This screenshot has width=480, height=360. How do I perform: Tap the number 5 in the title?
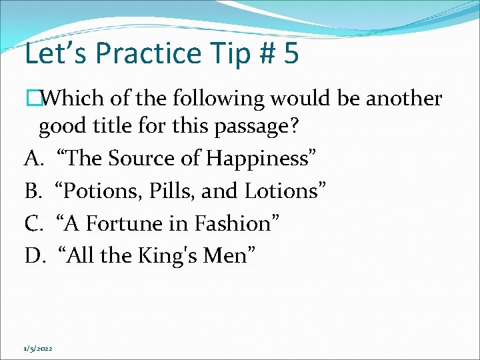click(291, 54)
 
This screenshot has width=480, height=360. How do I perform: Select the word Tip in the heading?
click(216, 54)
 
